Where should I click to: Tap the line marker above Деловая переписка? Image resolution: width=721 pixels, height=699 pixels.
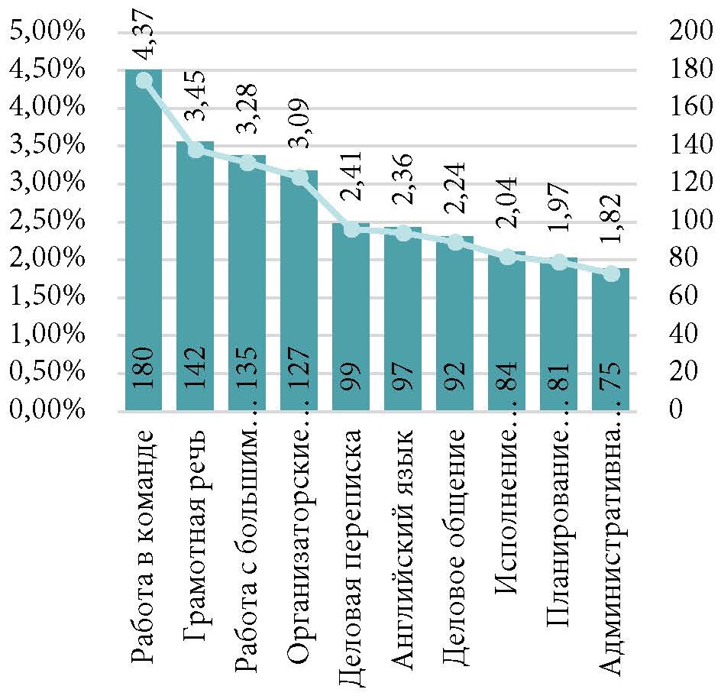click(351, 229)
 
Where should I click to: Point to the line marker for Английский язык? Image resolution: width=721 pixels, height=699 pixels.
click(403, 234)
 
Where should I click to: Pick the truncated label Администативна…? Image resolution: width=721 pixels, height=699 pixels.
click(612, 558)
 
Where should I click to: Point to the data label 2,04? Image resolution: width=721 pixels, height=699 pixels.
click(508, 199)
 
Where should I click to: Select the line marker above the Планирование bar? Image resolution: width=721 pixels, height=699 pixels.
click(559, 263)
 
